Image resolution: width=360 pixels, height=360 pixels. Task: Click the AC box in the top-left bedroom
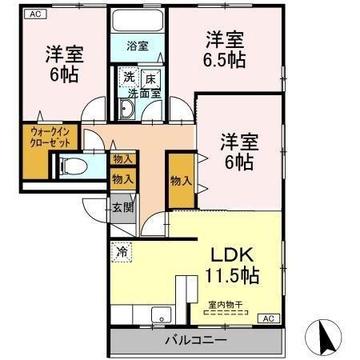point(36,14)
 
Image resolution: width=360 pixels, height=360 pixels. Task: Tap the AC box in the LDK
point(269,318)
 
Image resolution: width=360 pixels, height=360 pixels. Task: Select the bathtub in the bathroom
point(138,21)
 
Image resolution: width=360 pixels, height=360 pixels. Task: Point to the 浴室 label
point(138,46)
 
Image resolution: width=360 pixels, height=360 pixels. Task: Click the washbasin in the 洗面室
point(126,109)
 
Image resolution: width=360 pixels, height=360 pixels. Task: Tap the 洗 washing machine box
point(129,78)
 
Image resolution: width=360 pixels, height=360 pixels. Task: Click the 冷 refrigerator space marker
point(122,252)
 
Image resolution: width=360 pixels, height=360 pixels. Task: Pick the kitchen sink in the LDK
point(161,315)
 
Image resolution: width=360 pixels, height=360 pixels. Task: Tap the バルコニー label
point(196,340)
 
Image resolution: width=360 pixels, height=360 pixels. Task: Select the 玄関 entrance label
point(122,207)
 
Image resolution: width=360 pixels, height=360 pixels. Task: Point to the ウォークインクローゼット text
point(50,138)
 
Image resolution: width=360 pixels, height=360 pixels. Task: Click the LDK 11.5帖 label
point(232,265)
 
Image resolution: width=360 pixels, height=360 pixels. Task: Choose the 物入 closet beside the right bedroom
point(182,180)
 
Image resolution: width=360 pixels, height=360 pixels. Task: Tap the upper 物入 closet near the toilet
point(123,159)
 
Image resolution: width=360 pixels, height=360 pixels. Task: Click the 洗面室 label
point(145,94)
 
